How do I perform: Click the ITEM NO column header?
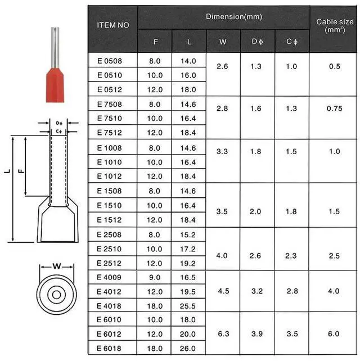pos(112,25)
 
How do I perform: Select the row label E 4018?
pos(109,306)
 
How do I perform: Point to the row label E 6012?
pos(109,334)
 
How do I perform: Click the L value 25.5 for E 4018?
pos(188,306)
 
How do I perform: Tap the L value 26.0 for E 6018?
pos(188,349)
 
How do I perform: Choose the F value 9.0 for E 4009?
pos(154,277)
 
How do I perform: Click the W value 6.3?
pos(222,334)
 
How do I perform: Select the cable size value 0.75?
pos(334,109)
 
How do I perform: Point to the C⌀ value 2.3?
pos(291,255)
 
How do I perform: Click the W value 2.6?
pos(222,66)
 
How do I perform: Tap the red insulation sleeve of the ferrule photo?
pos(56,84)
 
